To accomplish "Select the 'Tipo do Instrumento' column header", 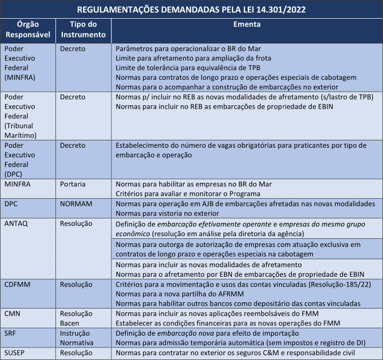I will tap(83, 29).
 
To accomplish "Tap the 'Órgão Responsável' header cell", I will tap(28, 29).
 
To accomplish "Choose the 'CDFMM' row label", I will tap(18, 282).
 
